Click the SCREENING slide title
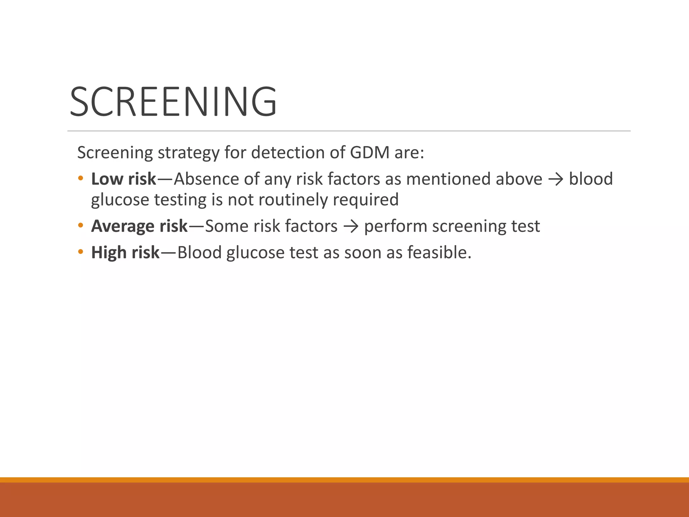point(173,101)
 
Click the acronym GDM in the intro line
point(369,152)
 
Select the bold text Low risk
point(123,179)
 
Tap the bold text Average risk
point(139,226)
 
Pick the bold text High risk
point(125,252)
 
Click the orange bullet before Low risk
point(80,178)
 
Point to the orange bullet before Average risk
point(80,225)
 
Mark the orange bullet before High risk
point(80,252)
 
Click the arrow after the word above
point(555,179)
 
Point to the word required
point(366,200)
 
